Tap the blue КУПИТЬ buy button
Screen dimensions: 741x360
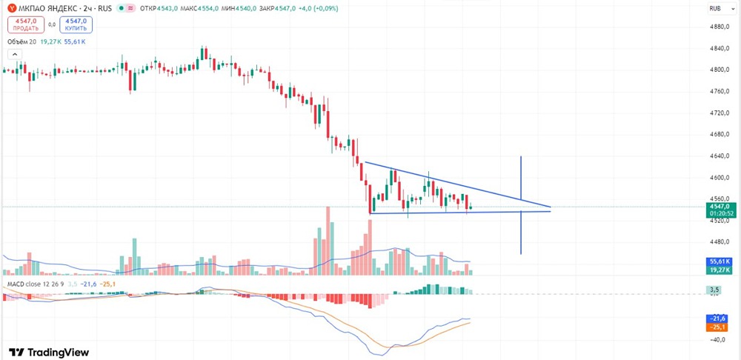click(x=76, y=24)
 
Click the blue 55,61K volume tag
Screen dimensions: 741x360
click(x=720, y=261)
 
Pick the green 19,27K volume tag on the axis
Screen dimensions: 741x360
click(x=720, y=270)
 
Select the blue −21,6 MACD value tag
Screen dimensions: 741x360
click(x=720, y=319)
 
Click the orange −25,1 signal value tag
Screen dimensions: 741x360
click(x=720, y=327)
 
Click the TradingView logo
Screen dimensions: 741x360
click(x=49, y=353)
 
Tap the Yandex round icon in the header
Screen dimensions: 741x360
click(x=12, y=8)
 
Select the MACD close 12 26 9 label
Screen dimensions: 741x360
click(x=34, y=284)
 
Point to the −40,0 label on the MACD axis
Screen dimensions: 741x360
click(x=718, y=340)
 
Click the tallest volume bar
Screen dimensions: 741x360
click(x=328, y=241)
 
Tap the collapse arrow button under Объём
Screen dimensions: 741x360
click(x=15, y=55)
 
